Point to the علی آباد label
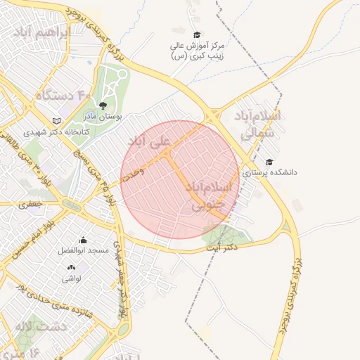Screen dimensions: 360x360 click(148, 143)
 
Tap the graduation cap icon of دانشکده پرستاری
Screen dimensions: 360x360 click(269, 162)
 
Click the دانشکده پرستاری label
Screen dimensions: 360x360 click(275, 171)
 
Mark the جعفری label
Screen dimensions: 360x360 click(32, 205)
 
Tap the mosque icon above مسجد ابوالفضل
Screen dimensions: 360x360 click(84, 240)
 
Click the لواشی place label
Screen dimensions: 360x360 click(71, 279)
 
